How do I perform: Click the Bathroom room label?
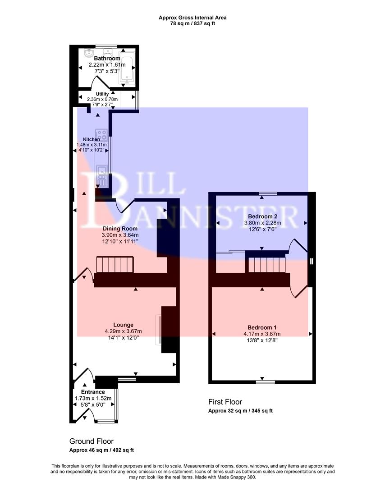(x=107, y=59)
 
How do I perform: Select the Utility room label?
(x=102, y=94)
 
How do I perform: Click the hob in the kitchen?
(x=102, y=135)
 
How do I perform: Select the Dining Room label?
(x=120, y=229)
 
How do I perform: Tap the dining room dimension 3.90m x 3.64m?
(x=120, y=235)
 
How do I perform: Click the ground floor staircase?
(x=116, y=265)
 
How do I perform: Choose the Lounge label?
(x=123, y=325)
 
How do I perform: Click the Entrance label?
(x=93, y=392)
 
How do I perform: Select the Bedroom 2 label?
(x=261, y=216)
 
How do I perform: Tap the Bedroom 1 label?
(x=262, y=327)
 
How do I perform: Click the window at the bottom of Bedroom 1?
(x=266, y=382)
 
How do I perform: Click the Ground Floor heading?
(x=91, y=441)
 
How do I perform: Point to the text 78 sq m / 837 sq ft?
(x=192, y=23)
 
